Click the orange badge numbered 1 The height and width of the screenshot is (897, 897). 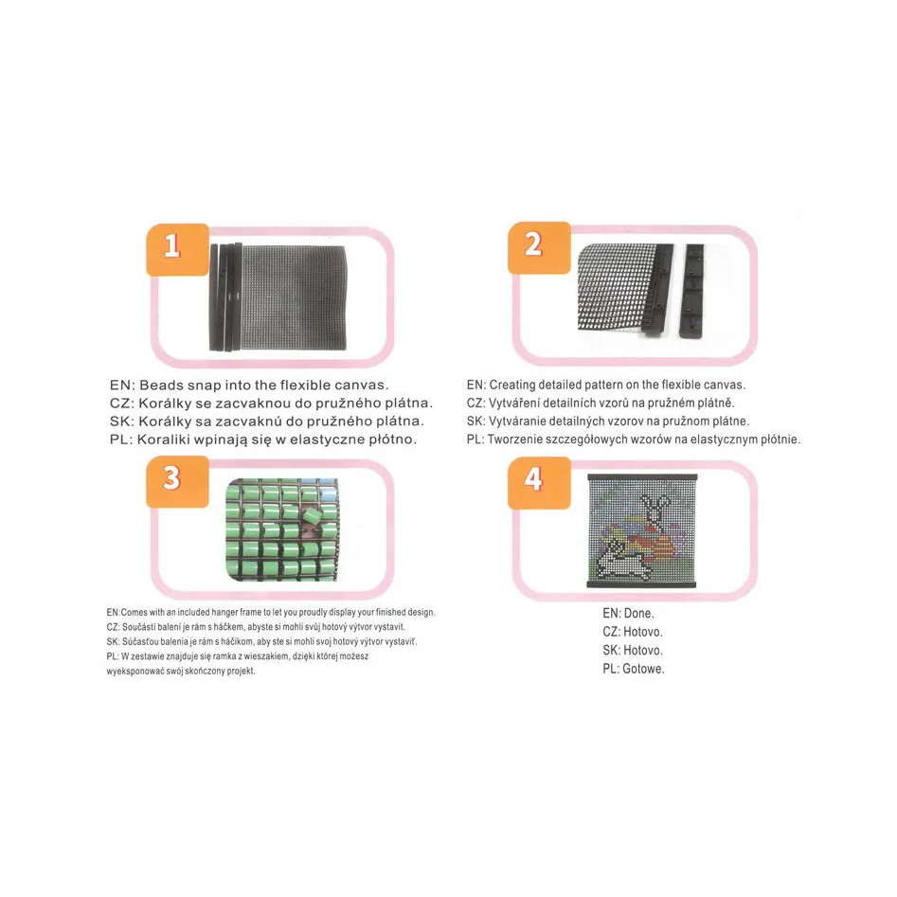[x=178, y=250]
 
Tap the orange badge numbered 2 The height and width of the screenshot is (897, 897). [x=539, y=248]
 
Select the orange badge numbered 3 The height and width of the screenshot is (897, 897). [x=177, y=482]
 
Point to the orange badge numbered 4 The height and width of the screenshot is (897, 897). [x=539, y=483]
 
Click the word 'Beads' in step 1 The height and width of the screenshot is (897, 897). [x=161, y=385]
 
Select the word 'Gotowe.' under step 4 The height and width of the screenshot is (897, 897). [x=643, y=669]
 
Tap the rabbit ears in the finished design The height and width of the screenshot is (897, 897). [x=654, y=504]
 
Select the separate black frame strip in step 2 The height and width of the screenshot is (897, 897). [x=691, y=290]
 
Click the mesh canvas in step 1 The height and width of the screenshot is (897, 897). [x=294, y=297]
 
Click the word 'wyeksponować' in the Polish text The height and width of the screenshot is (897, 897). [x=135, y=671]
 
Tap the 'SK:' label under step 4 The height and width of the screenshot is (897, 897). [x=611, y=651]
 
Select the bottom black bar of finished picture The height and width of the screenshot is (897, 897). [x=642, y=584]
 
